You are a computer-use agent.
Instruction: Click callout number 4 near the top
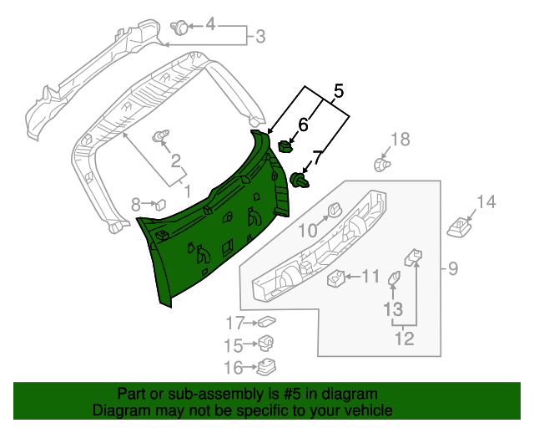210,25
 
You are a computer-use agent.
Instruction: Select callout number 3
259,37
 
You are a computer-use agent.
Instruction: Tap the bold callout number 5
338,90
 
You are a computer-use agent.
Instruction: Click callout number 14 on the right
486,201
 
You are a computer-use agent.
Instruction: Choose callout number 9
453,268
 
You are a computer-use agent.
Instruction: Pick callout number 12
404,339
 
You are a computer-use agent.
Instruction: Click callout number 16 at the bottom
232,366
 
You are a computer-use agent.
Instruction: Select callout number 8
136,202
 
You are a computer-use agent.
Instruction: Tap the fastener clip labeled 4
179,27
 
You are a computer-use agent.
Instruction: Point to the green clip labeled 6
285,147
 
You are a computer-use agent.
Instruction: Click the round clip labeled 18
381,165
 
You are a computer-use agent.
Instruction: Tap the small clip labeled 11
336,278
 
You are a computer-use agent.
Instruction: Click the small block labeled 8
160,202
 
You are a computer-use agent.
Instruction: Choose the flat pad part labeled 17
267,321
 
